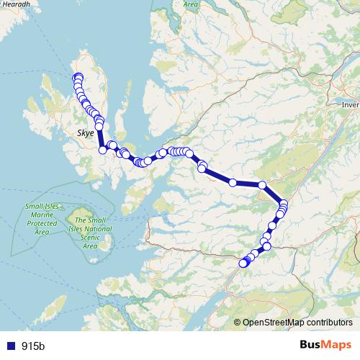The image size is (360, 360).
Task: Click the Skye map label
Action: tap(85, 133)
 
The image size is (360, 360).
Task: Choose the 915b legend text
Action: tap(33, 346)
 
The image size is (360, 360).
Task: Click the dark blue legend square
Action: tap(11, 346)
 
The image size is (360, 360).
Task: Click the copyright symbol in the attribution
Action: tap(238, 323)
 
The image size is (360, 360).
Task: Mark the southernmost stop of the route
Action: tap(243, 264)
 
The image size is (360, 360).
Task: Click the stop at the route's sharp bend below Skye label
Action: tap(103, 150)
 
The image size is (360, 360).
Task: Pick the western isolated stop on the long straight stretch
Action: tap(233, 183)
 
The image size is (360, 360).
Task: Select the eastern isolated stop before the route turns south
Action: tap(262, 185)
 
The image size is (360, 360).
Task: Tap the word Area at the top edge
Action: tap(190, 4)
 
